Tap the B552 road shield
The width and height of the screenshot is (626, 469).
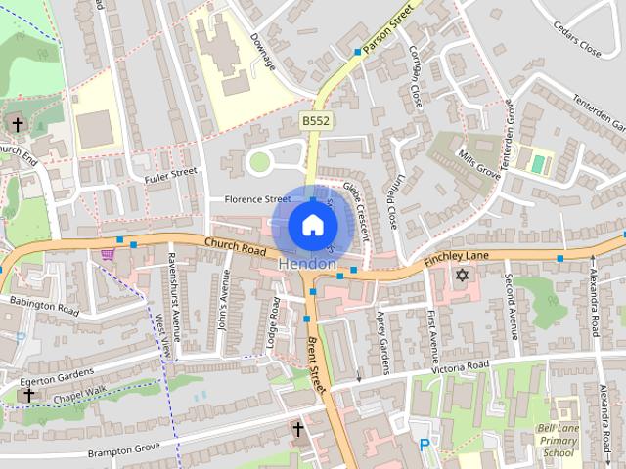pos(315,119)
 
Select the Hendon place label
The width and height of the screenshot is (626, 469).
pos(308,265)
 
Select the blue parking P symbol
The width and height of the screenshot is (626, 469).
pos(424,444)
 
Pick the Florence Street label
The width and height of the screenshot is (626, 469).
pos(258,199)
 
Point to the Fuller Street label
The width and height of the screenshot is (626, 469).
pos(170,176)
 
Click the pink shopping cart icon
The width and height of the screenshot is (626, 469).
pos(107,253)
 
